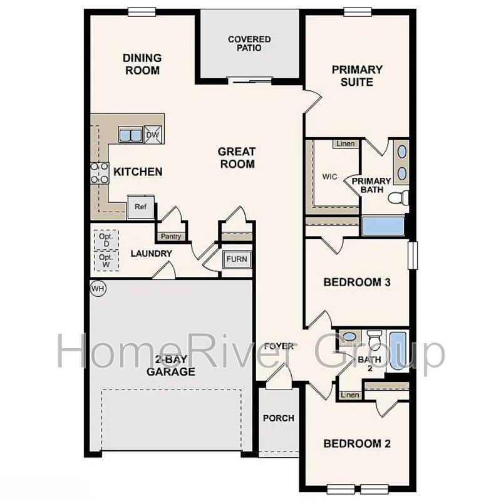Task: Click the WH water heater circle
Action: [98, 289]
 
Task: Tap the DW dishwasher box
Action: [153, 135]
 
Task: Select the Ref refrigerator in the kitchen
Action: [141, 207]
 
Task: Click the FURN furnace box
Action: [237, 259]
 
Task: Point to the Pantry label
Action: [171, 237]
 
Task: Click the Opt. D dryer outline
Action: [106, 240]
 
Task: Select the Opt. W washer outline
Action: [106, 261]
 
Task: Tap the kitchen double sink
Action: [130, 135]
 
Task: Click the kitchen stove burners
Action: [100, 173]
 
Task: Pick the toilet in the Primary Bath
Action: [398, 197]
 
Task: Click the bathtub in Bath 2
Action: [398, 351]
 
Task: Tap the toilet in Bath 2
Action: [374, 340]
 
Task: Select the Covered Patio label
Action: [249, 43]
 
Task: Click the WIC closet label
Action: [329, 177]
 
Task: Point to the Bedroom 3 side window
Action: [413, 256]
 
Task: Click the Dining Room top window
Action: [142, 12]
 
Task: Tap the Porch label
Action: [279, 418]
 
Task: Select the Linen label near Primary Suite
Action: [346, 143]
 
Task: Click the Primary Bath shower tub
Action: [383, 226]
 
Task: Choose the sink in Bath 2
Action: [349, 337]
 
